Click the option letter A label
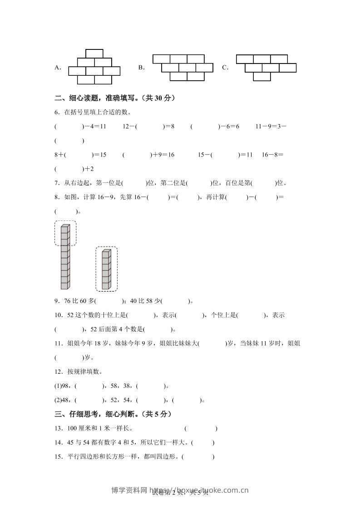[x=57, y=68]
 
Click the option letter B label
[x=141, y=68]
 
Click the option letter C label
[x=225, y=68]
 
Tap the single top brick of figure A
[x=94, y=54]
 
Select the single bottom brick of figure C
[x=262, y=76]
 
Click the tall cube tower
[x=65, y=256]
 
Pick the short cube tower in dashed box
[x=106, y=269]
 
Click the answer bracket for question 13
[x=201, y=429]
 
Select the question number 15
[x=58, y=457]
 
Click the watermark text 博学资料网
[x=129, y=490]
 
